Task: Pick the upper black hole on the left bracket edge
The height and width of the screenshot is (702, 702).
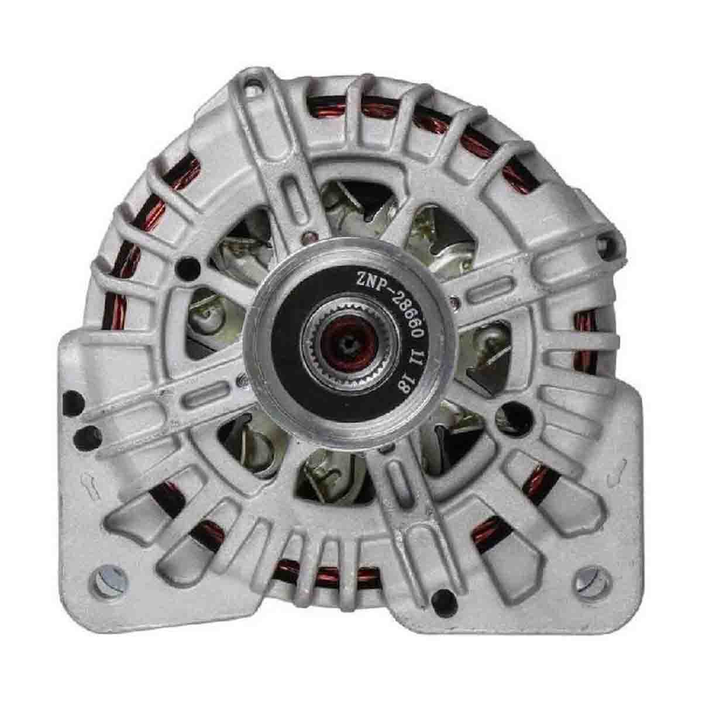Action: point(73,403)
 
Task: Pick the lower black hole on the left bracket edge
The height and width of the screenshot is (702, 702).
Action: point(87,438)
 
